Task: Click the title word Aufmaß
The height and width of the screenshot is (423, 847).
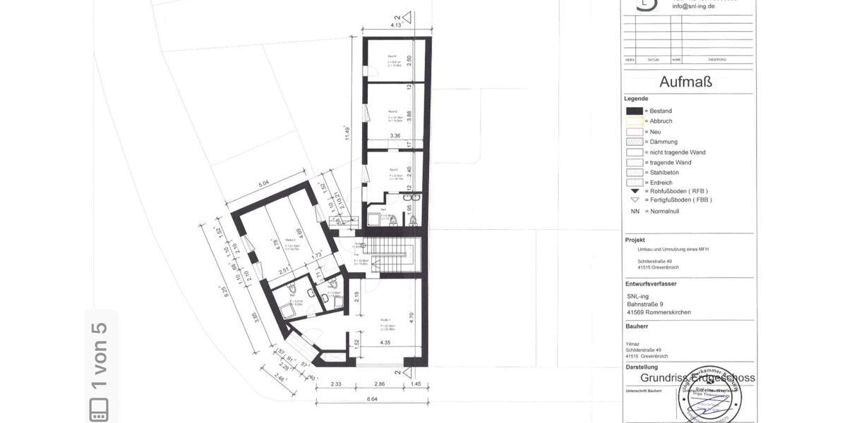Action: (x=685, y=82)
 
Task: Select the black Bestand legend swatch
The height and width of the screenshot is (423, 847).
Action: (x=635, y=111)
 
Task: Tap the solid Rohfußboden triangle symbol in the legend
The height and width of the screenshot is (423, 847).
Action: (x=635, y=191)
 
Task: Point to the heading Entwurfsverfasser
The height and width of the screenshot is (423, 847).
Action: (x=651, y=283)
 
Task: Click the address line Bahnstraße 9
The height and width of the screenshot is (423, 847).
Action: (x=644, y=304)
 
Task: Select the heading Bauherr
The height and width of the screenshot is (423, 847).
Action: (x=636, y=326)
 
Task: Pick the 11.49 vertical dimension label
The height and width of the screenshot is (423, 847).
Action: (x=347, y=133)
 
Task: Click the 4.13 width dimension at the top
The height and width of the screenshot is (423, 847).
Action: (x=396, y=25)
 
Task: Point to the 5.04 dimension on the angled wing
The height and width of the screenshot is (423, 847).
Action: (x=264, y=185)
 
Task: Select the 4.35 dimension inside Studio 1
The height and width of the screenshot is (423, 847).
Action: (x=385, y=343)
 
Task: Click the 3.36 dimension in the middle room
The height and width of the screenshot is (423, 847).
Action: (x=395, y=136)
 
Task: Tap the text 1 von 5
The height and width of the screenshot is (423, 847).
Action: (x=99, y=355)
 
